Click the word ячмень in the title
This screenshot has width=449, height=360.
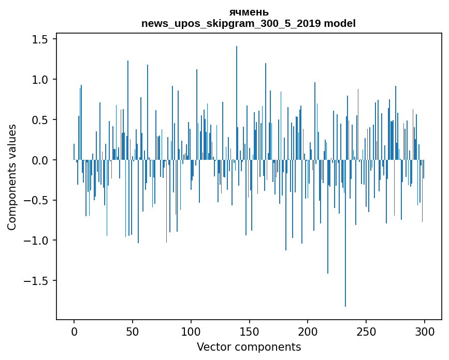click(x=249, y=12)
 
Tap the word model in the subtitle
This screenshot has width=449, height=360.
click(x=340, y=24)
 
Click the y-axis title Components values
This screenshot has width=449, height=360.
click(x=12, y=177)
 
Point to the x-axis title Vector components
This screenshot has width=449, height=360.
click(x=249, y=347)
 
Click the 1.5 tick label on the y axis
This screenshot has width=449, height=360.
click(x=40, y=40)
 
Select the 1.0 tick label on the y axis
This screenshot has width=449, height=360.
click(x=40, y=80)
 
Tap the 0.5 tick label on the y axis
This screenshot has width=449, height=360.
click(x=40, y=120)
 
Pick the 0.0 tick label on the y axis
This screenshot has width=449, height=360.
click(x=40, y=160)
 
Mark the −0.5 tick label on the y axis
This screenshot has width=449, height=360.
click(x=36, y=201)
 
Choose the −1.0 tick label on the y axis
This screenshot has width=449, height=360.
click(x=36, y=241)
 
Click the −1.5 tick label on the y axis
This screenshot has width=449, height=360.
click(x=36, y=281)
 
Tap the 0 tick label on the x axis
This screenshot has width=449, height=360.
click(x=74, y=330)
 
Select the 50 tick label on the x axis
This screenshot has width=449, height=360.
click(x=133, y=330)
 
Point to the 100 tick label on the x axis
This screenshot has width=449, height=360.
click(x=191, y=330)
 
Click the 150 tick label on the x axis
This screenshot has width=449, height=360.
click(x=250, y=330)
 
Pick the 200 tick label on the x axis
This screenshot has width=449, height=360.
click(x=308, y=330)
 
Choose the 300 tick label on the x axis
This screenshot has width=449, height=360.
click(x=425, y=330)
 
